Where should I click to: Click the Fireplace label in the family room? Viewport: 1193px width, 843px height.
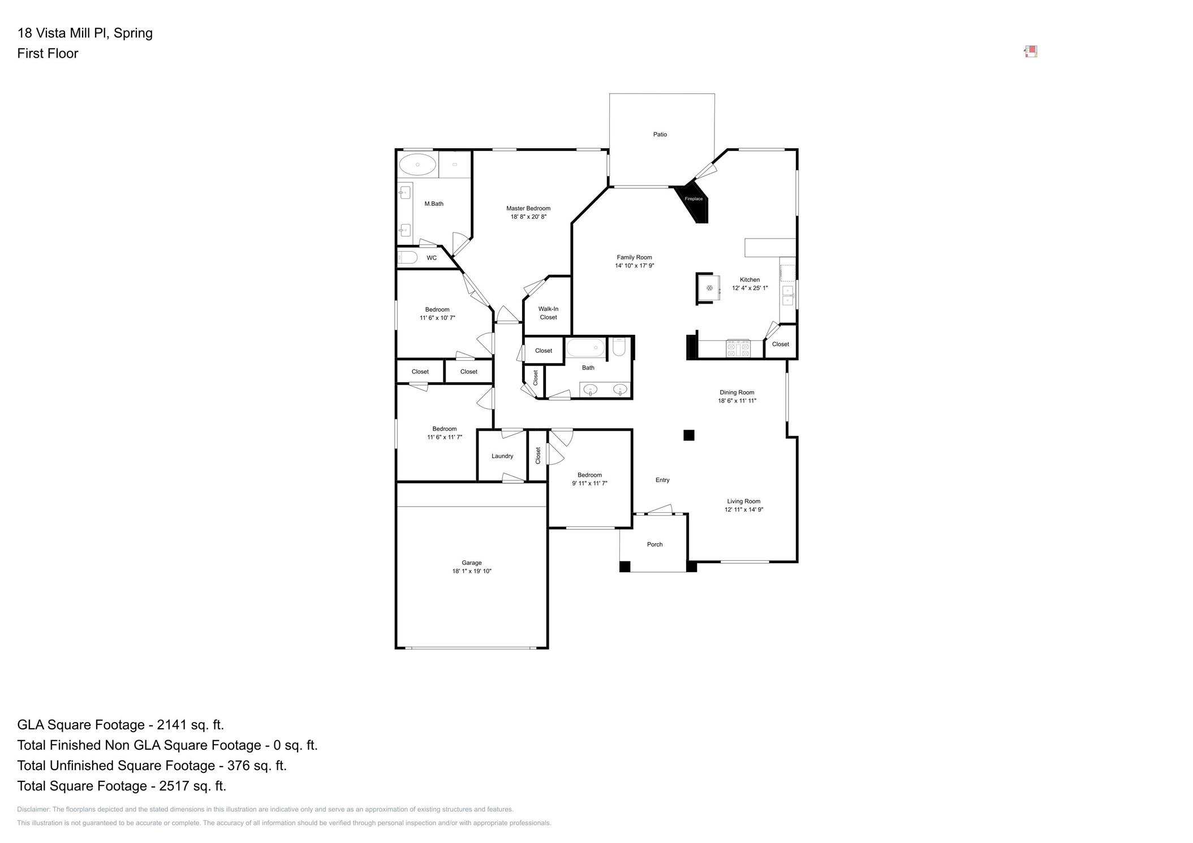point(694,199)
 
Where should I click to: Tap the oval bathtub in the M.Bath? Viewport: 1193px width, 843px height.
point(417,165)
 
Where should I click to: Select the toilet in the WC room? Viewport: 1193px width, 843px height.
point(407,258)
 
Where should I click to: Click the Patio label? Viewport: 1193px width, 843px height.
point(660,135)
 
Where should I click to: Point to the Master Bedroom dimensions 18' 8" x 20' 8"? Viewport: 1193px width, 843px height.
point(528,217)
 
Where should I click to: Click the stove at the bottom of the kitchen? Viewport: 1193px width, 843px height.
point(738,348)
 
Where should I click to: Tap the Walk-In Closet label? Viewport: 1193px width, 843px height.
point(548,313)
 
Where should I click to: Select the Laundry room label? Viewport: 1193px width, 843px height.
point(502,456)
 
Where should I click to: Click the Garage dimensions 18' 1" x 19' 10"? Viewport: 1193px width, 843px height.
point(471,571)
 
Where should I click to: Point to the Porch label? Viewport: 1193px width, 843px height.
point(654,544)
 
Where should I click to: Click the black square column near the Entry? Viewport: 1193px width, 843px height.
point(688,435)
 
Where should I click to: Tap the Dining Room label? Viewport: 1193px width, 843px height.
point(737,392)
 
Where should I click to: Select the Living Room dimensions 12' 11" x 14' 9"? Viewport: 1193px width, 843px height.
point(743,509)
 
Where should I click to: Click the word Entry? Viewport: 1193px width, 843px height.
point(662,480)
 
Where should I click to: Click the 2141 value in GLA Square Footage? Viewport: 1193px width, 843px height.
point(171,725)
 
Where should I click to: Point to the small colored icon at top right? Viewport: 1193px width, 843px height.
point(1030,52)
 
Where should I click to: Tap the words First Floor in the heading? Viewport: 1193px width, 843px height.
point(48,54)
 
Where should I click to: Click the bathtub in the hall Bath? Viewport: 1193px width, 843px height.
point(585,348)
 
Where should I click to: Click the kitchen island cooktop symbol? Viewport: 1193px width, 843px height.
point(709,288)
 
